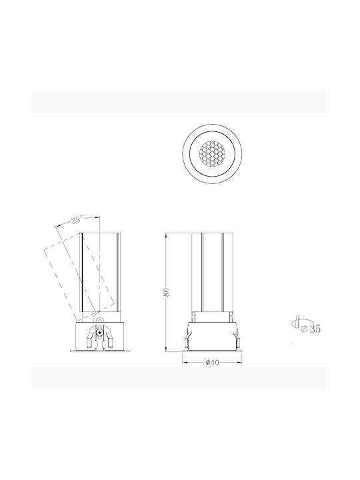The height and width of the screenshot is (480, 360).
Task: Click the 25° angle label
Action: tap(77, 220)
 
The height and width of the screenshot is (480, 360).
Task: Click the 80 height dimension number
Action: tap(166, 292)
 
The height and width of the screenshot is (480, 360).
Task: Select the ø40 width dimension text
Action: tap(212, 363)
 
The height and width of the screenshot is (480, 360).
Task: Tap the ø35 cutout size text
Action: tap(311, 329)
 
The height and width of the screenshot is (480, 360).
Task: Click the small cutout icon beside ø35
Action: tap(296, 322)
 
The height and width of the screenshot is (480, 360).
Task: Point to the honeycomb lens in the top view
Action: tap(212, 153)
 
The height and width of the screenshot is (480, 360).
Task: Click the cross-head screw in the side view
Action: tap(99, 332)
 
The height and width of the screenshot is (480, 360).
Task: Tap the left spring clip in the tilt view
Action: tap(91, 338)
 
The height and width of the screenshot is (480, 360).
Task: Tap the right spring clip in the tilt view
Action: tap(109, 338)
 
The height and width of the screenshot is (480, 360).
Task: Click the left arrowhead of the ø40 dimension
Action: tap(185, 363)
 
